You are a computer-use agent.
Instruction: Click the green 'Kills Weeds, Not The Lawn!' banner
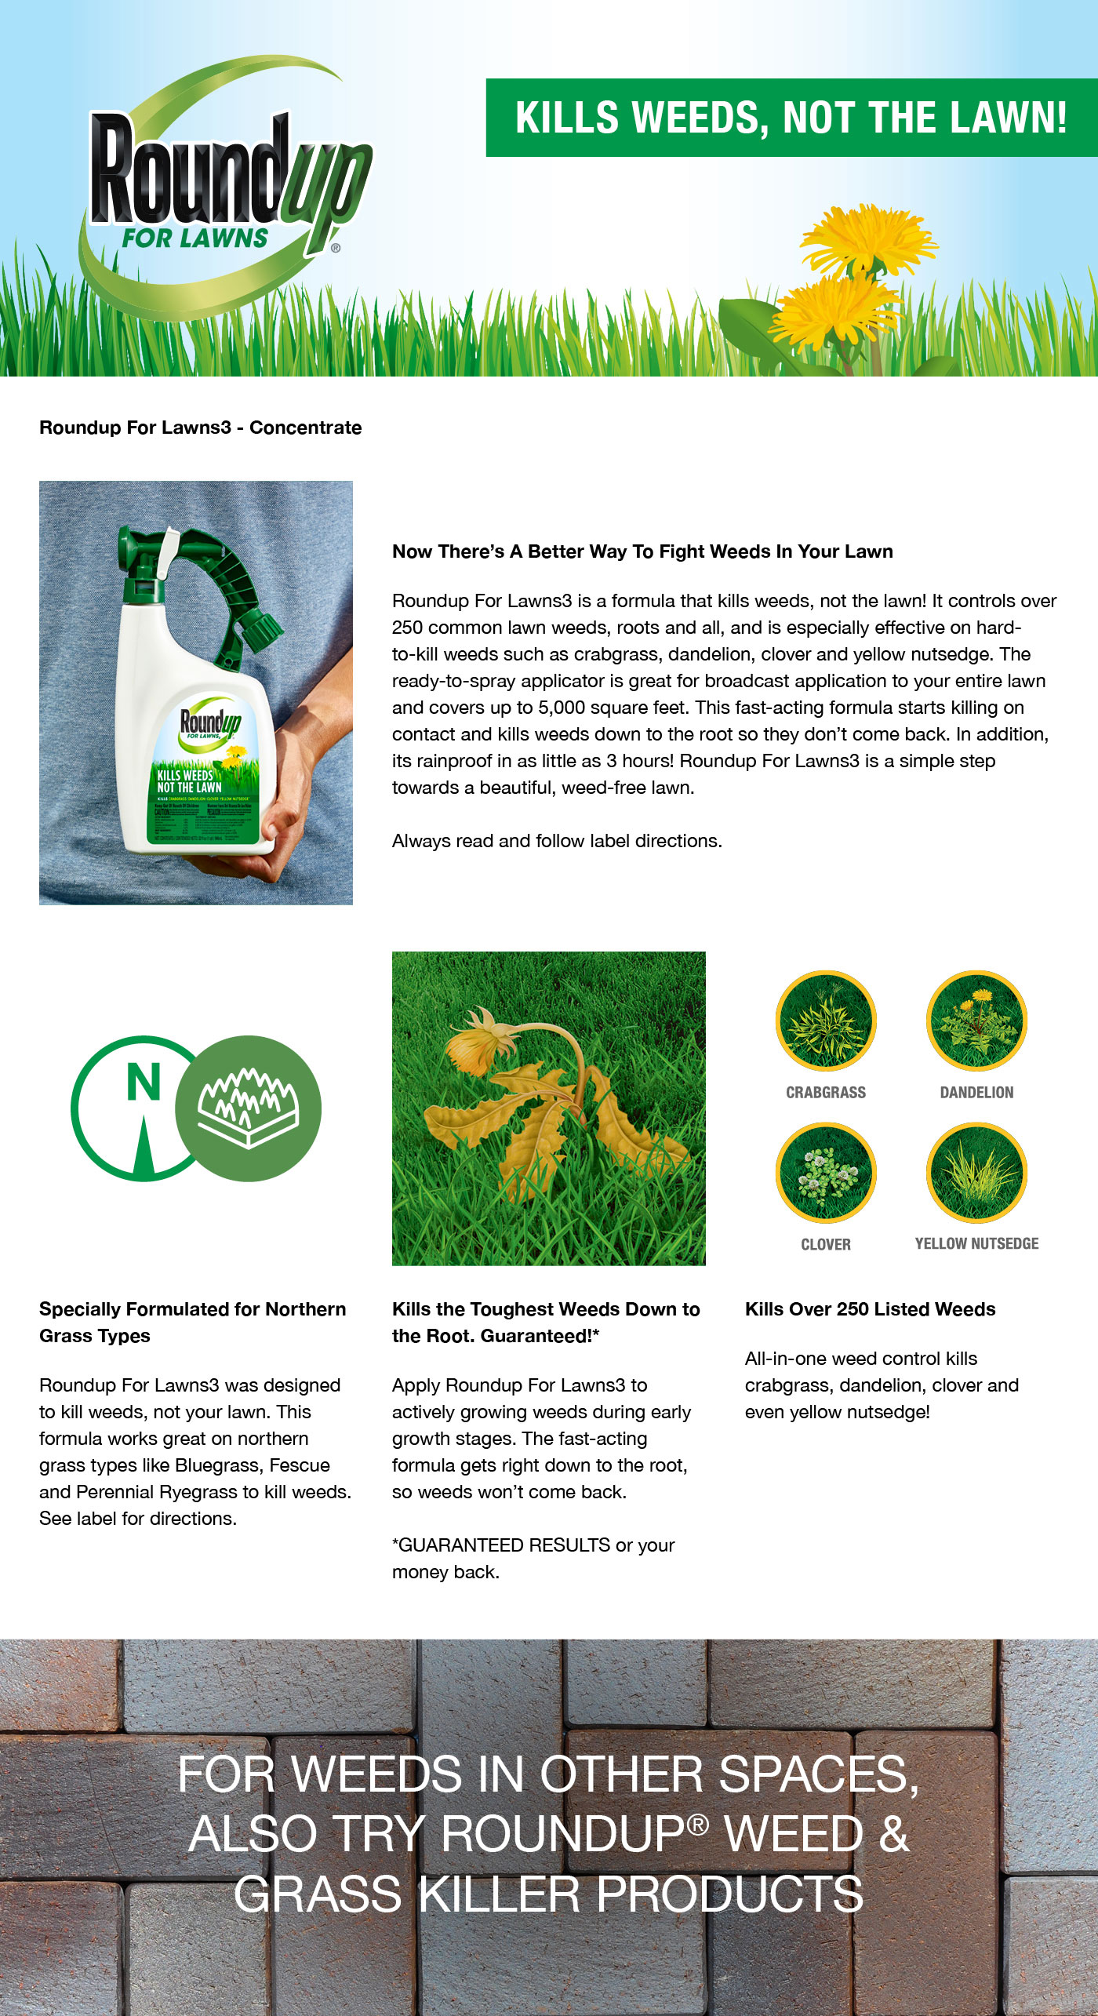(791, 118)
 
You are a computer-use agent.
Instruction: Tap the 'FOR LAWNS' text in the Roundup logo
(195, 238)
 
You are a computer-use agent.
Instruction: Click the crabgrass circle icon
(825, 1021)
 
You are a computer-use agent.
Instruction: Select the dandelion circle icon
(976, 1021)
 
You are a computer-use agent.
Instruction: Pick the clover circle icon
(825, 1172)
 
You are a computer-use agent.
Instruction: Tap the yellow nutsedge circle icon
(976, 1172)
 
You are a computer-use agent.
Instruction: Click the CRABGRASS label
(826, 1092)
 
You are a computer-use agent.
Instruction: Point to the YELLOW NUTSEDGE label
(976, 1243)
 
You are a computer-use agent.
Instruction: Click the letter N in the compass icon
(144, 1083)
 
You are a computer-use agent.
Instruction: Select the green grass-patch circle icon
(248, 1108)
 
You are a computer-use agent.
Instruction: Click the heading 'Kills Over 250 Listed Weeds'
(870, 1309)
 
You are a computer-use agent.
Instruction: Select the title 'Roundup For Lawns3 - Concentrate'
(200, 428)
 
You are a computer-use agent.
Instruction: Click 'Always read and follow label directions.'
(557, 841)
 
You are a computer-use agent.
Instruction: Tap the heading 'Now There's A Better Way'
(642, 551)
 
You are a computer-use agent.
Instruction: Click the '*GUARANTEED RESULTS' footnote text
(502, 1545)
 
